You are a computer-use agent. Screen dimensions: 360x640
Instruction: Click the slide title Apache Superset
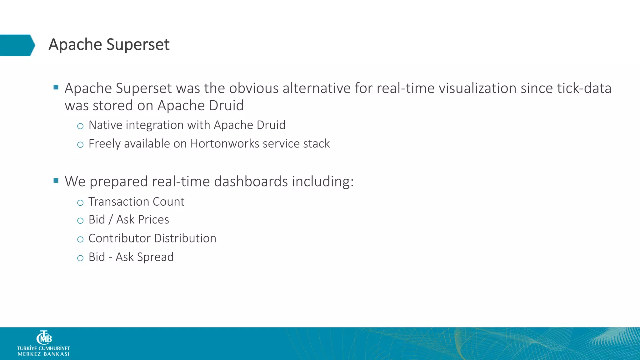109,44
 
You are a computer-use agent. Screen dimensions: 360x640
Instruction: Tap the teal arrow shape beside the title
17,45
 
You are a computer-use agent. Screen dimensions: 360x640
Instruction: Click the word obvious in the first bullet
254,88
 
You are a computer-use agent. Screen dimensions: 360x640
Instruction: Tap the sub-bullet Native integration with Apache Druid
187,125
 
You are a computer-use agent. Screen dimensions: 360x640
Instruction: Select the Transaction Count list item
136,202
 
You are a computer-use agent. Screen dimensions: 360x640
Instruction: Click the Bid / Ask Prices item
129,220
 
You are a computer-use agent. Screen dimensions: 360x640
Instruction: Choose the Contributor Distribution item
152,238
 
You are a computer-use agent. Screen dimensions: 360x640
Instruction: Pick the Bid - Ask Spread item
131,257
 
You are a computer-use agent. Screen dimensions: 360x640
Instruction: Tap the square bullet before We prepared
56,180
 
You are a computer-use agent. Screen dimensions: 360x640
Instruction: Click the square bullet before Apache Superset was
56,87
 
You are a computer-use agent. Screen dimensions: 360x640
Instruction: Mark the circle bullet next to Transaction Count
80,203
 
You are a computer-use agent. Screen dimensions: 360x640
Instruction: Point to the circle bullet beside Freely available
80,145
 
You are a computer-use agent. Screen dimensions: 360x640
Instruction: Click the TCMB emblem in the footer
44,337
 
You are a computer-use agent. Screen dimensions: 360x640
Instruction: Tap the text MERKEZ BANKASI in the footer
43,354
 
